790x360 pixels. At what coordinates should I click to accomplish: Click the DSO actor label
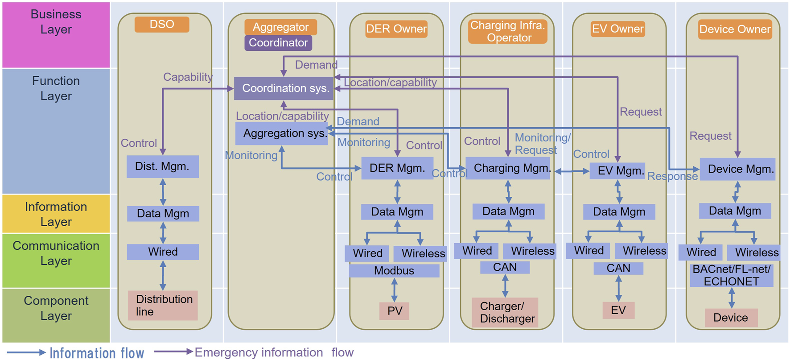(x=162, y=24)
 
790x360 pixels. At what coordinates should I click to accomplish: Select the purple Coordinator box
(x=278, y=43)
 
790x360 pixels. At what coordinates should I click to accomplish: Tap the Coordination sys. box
(x=284, y=88)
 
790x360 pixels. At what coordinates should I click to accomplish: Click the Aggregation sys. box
(x=282, y=133)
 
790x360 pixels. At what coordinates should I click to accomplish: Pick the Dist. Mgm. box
(x=162, y=166)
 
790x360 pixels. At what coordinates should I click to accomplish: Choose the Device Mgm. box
(x=737, y=169)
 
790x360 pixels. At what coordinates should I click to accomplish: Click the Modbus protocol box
(x=394, y=271)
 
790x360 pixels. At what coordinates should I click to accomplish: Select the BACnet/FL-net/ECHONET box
(x=731, y=275)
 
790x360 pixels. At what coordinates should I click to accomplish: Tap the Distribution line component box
(x=163, y=306)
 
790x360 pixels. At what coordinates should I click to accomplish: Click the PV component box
(x=395, y=310)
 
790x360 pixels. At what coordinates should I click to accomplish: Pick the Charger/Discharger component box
(x=505, y=312)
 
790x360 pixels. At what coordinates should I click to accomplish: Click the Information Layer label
(x=56, y=214)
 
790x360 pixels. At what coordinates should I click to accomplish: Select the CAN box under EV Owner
(x=618, y=268)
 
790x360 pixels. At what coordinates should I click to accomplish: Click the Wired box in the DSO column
(x=163, y=252)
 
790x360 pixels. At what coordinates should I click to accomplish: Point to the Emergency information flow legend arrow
(x=173, y=352)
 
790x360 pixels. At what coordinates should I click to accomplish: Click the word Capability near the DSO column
(x=188, y=77)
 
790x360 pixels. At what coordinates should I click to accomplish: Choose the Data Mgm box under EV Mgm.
(x=619, y=212)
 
